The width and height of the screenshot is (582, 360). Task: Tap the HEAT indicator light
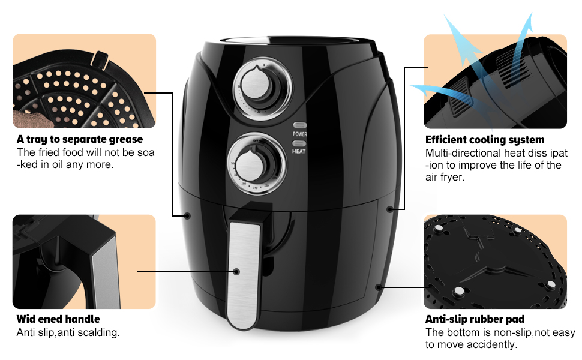click(299, 143)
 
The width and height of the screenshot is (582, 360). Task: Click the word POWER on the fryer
click(299, 134)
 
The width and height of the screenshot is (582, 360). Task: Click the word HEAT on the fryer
click(299, 152)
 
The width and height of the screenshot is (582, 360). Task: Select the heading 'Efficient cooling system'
click(485, 140)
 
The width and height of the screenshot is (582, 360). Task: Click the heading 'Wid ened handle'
click(58, 319)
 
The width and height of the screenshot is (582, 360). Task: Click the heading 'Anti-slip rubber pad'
click(475, 319)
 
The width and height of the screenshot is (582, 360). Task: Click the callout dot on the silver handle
click(237, 272)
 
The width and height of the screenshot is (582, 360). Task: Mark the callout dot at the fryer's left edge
click(187, 216)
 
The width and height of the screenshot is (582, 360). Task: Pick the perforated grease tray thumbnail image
click(84, 80)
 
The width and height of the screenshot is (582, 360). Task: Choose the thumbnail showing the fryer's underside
click(495, 262)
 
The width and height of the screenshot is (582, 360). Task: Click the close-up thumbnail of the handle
click(84, 262)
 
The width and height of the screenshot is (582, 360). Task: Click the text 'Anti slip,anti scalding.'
click(68, 332)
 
